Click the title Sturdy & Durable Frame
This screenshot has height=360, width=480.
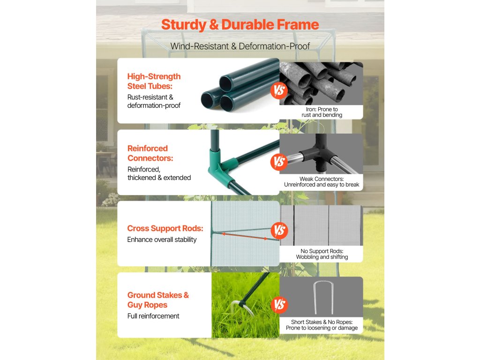point(240,25)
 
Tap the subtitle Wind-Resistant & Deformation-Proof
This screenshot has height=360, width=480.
point(240,46)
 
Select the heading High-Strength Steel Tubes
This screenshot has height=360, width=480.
point(154,81)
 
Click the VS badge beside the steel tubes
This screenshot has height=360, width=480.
point(279,90)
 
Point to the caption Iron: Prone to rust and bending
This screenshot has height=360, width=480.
point(322,112)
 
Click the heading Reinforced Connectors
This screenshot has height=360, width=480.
point(150,153)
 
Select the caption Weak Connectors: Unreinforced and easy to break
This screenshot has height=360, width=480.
point(322,182)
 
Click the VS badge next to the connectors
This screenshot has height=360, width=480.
point(279,162)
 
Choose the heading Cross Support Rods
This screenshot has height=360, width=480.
point(165,228)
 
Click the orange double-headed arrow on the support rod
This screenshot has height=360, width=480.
point(245,236)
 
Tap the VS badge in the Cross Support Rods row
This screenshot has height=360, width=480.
point(279,231)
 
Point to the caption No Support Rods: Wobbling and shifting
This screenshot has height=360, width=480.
point(322,254)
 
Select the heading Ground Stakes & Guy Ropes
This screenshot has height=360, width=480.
point(158,300)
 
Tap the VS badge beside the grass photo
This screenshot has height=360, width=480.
point(279,305)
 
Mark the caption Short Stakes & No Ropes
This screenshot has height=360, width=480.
point(322,322)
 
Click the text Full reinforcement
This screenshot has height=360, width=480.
point(153,316)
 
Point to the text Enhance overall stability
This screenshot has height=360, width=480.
point(162,240)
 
